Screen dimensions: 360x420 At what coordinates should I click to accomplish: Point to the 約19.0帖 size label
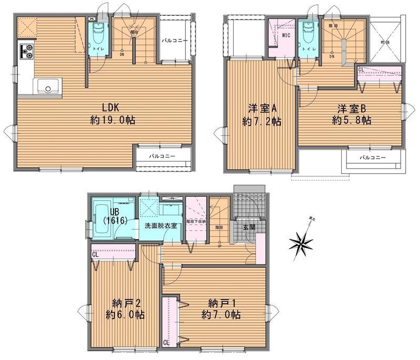(x=112, y=120)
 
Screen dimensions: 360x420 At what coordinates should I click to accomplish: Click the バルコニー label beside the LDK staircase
(x=174, y=40)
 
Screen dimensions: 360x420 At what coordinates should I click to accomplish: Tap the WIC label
(x=286, y=36)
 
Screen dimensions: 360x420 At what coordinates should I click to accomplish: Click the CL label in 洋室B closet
(x=361, y=69)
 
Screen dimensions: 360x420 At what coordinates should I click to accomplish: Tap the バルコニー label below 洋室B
(x=372, y=157)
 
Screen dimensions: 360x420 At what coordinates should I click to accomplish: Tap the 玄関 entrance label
(x=249, y=227)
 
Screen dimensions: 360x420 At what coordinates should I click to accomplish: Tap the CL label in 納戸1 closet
(x=166, y=343)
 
